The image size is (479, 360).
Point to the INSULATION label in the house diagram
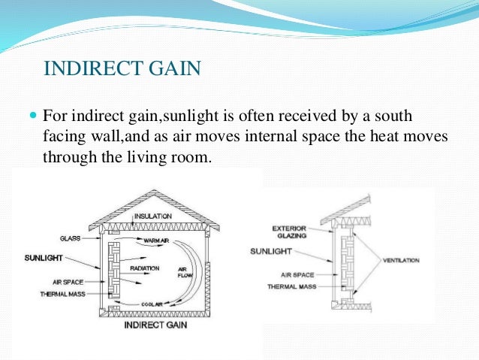pyautogui.click(x=153, y=216)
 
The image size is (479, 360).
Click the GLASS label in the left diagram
pyautogui.click(x=70, y=237)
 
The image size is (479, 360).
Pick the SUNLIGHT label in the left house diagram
pyautogui.click(x=38, y=257)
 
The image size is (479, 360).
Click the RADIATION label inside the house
pyautogui.click(x=144, y=267)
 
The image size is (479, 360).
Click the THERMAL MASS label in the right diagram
pyautogui.click(x=293, y=287)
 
